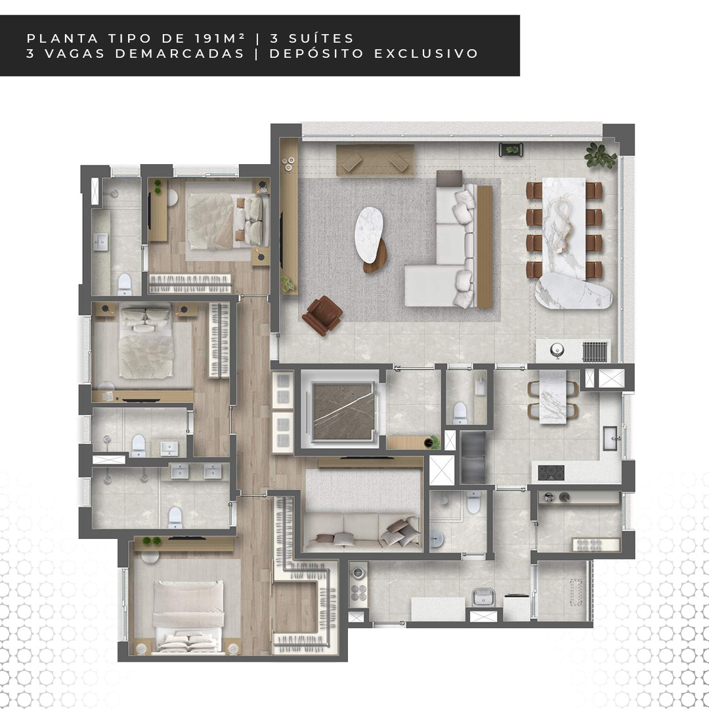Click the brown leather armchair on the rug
coord(322,316)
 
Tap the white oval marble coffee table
coord(369,234)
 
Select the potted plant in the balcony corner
coord(600,155)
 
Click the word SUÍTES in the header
coord(312,39)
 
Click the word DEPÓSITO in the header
coord(316,53)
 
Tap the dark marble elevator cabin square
coord(343,411)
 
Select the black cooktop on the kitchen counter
coord(551,473)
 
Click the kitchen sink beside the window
coord(611,438)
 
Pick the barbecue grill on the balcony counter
coord(594,351)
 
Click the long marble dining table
coord(564,228)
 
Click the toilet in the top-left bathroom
coord(124,284)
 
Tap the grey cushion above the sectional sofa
coord(449,178)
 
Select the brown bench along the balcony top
coord(376,161)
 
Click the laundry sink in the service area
coord(483,597)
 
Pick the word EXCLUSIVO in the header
coord(426,53)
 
